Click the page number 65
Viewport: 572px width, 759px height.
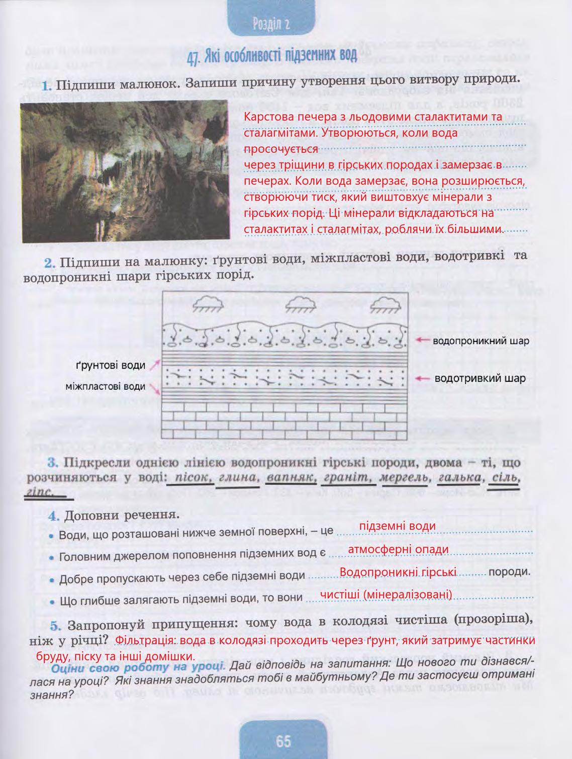(x=283, y=741)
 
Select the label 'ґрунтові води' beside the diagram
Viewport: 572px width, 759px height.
(x=111, y=366)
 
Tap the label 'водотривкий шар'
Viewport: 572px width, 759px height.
(x=480, y=378)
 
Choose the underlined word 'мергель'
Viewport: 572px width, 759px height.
(x=403, y=477)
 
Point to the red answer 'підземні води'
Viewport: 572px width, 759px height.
(x=398, y=526)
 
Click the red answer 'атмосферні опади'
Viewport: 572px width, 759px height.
(x=398, y=549)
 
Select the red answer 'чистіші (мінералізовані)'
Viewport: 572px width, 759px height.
(x=387, y=595)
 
